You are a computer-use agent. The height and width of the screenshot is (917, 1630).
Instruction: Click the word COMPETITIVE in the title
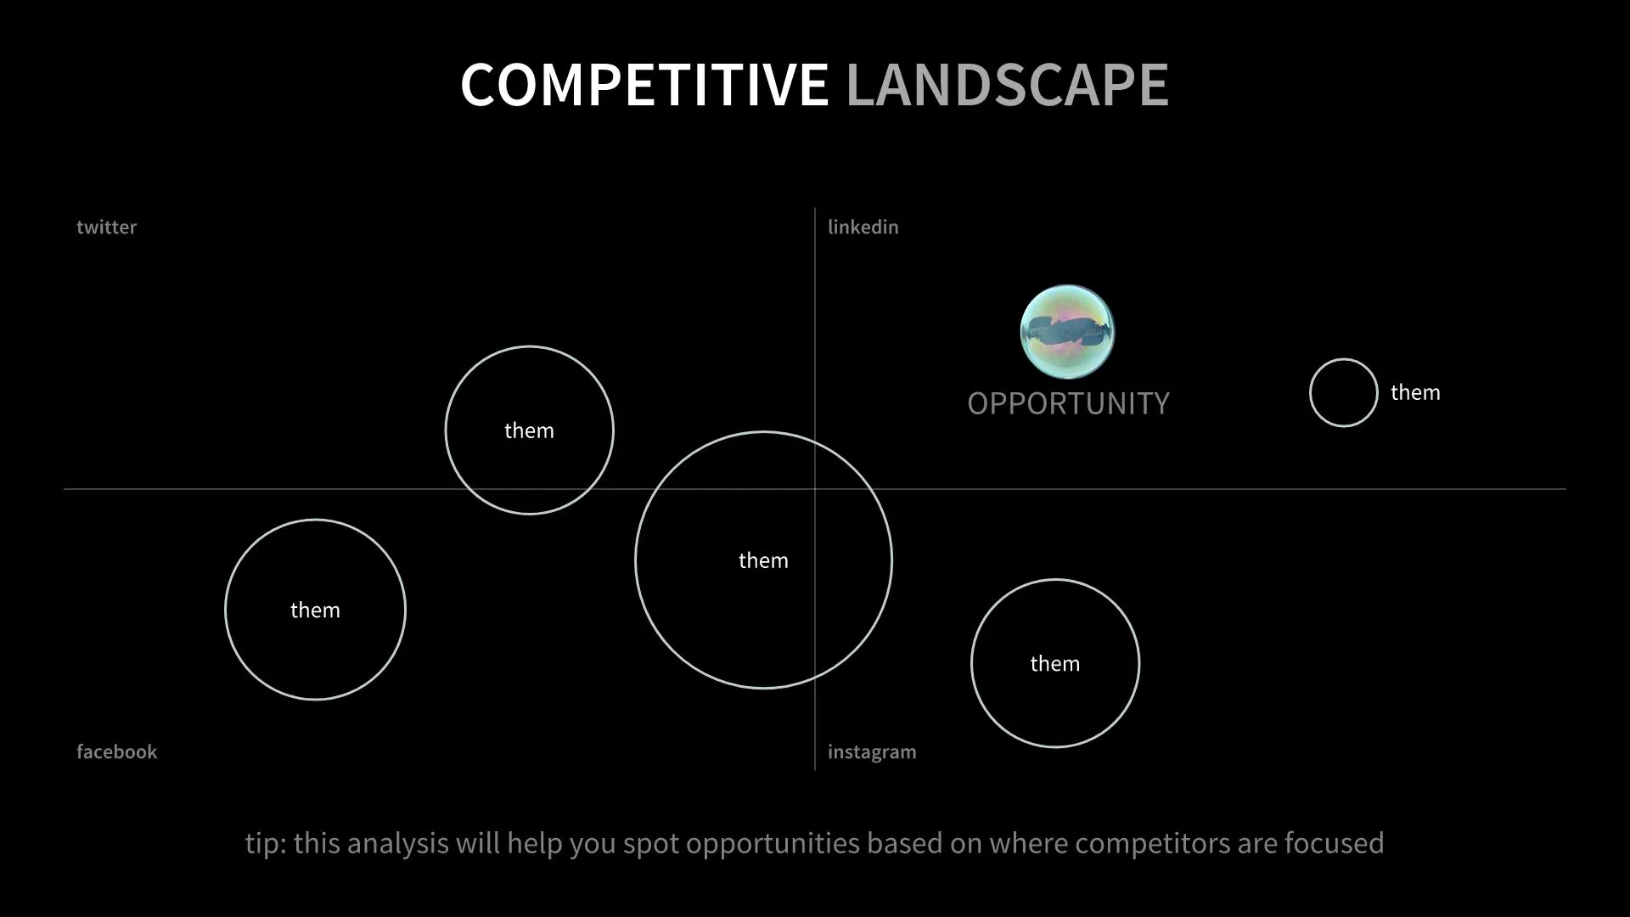click(x=644, y=85)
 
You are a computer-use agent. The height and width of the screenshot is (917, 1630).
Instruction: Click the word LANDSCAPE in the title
click(x=1007, y=85)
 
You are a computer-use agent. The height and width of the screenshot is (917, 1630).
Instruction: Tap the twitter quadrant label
click(x=106, y=228)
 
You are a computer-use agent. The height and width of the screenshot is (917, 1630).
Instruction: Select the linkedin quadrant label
click(x=863, y=228)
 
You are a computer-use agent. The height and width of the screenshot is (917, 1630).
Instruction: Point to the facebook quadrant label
click(x=116, y=752)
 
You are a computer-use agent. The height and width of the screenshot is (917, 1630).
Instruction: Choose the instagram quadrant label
click(x=872, y=752)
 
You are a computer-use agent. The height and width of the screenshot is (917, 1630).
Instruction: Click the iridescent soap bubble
click(x=1067, y=332)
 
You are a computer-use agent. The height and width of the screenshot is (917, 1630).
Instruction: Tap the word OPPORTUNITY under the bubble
click(x=1068, y=403)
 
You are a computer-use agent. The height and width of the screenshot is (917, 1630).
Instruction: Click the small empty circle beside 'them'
click(x=1343, y=392)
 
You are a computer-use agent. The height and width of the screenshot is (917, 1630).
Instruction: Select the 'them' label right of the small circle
click(x=1415, y=392)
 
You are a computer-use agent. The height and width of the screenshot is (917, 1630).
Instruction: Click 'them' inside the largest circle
click(x=763, y=560)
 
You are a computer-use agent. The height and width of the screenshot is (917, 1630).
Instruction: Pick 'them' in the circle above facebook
click(x=315, y=610)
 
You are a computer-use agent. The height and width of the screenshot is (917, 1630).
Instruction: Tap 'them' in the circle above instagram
click(x=1054, y=663)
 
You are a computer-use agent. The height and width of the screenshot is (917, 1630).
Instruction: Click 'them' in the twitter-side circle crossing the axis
click(x=529, y=430)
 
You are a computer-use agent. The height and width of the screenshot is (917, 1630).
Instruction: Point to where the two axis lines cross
click(x=815, y=489)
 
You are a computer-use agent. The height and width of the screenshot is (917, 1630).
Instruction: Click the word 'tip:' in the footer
click(x=265, y=843)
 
